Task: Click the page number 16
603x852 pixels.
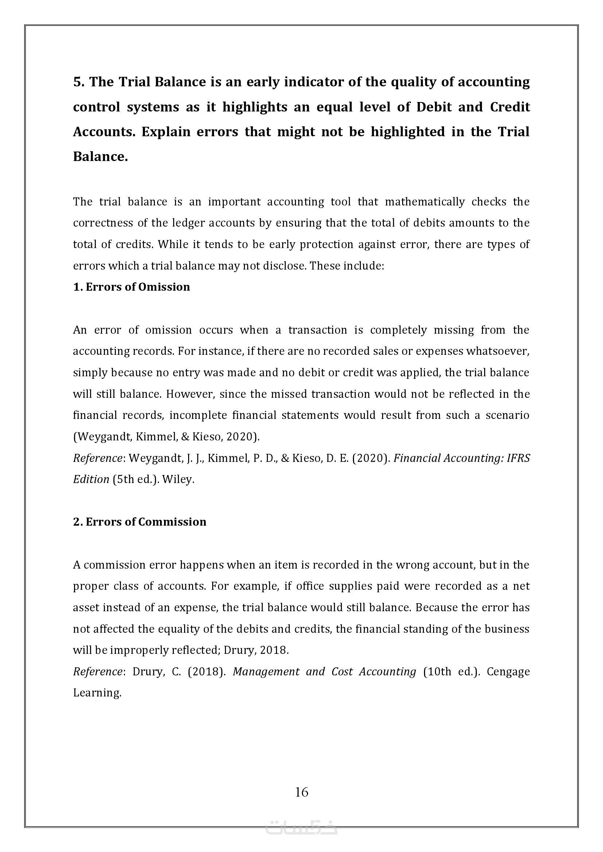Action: click(x=301, y=792)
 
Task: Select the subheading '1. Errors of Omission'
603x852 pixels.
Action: click(x=132, y=287)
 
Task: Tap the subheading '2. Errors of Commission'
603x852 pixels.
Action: click(x=140, y=522)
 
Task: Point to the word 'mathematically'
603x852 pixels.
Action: click(x=425, y=202)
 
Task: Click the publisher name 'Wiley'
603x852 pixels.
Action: click(x=178, y=479)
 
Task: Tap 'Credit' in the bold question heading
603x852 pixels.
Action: click(x=510, y=107)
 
